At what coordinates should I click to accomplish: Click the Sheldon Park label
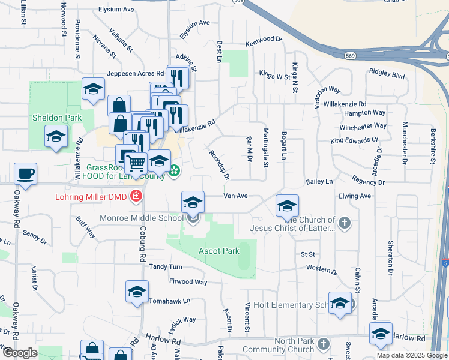tap(58, 118)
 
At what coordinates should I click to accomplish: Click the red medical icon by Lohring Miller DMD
tap(137, 196)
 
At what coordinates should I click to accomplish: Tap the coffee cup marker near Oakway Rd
tap(25, 174)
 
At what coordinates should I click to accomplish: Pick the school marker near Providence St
tap(93, 90)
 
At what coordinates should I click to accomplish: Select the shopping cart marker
tap(136, 162)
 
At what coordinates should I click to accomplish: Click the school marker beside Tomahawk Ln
tap(137, 292)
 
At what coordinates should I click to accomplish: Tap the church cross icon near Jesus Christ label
tap(344, 223)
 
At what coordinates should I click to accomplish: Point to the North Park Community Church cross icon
tap(324, 344)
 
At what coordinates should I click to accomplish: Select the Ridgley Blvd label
tap(387, 76)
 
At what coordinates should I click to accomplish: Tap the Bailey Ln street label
tap(319, 181)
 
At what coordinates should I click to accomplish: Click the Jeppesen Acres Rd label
tap(135, 74)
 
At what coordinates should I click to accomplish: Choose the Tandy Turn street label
tap(166, 266)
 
